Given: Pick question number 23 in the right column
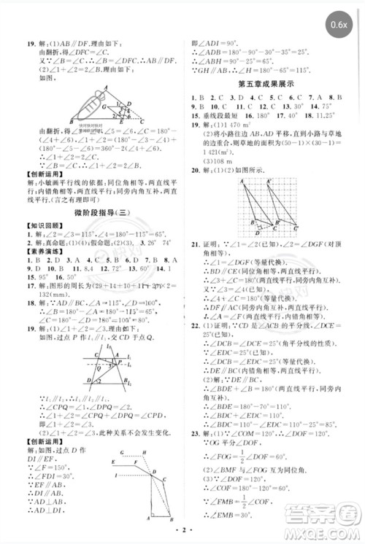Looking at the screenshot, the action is pos(194,434).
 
